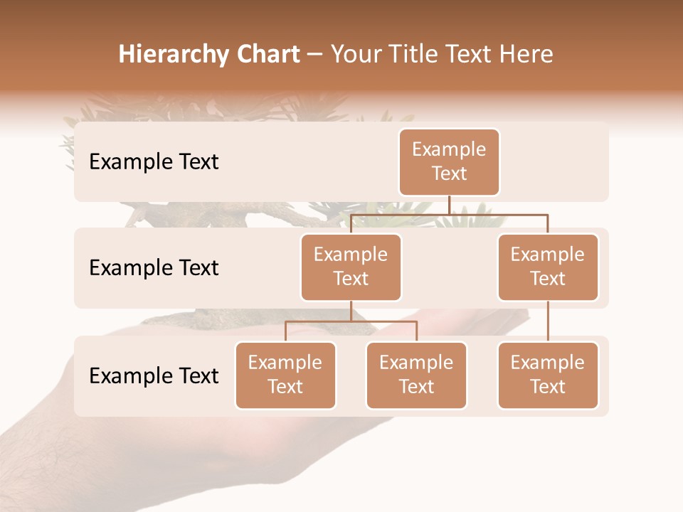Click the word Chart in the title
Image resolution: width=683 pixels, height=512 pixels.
[x=265, y=55]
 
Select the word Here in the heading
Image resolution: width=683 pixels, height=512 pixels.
[x=526, y=55]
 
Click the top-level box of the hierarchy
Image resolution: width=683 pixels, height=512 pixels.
[x=449, y=162]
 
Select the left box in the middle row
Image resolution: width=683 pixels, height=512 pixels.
[x=351, y=267]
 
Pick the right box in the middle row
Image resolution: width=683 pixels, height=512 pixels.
[x=548, y=267]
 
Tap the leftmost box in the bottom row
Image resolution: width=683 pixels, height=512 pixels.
[x=285, y=375]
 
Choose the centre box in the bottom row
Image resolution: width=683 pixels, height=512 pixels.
[x=416, y=375]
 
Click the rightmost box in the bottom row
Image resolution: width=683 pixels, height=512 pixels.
[x=548, y=375]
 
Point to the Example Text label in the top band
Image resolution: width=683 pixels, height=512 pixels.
[x=154, y=162]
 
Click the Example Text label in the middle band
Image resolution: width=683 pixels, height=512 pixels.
[x=154, y=268]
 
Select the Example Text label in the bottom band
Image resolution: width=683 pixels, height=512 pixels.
[x=154, y=376]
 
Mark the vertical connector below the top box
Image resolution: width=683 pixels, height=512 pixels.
[x=449, y=205]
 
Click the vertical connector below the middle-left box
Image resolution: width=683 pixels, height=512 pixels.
[x=351, y=311]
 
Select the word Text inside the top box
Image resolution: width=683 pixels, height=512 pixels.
[x=449, y=174]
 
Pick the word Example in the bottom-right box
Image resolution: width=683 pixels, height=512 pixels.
[x=548, y=363]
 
